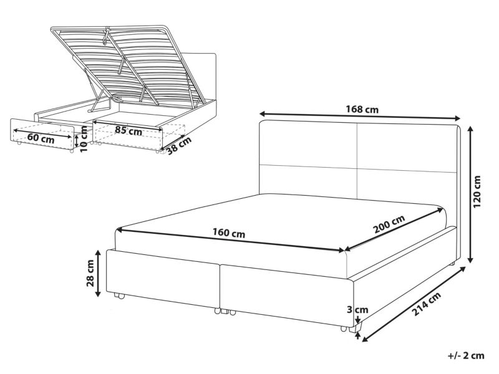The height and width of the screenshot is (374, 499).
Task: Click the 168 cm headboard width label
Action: (x=362, y=110)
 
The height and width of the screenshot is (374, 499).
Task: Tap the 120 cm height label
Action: (x=477, y=191)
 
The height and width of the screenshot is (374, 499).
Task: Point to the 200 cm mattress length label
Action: (x=389, y=224)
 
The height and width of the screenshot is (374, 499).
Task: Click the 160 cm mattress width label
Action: (x=229, y=233)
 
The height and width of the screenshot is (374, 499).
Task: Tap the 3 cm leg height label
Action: (x=357, y=309)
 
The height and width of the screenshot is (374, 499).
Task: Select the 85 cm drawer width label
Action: (x=128, y=130)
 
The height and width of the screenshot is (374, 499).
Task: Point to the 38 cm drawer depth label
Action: (x=179, y=145)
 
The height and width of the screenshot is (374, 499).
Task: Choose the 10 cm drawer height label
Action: (x=84, y=138)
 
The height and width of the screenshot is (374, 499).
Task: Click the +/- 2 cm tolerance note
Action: (x=466, y=355)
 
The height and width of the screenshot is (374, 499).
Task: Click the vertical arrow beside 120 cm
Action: (x=470, y=194)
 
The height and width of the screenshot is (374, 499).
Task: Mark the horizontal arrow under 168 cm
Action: (x=360, y=116)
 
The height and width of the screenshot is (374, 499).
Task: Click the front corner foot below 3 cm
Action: (x=356, y=328)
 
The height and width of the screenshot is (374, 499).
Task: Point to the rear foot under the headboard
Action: (x=452, y=264)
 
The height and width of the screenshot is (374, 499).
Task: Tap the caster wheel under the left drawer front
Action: (x=119, y=296)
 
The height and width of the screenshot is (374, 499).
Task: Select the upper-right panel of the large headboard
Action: (x=407, y=148)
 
